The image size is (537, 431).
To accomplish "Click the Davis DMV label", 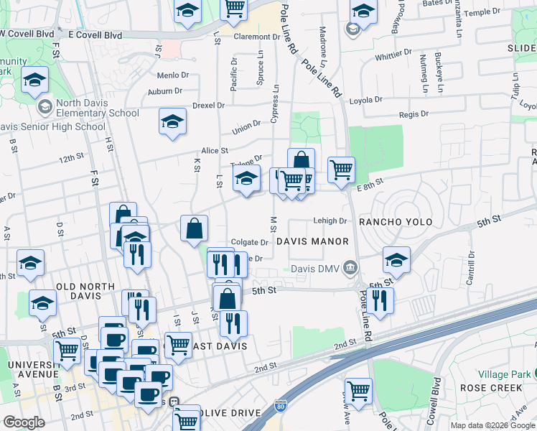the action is (x=316, y=269).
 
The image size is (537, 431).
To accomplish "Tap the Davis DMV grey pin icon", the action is (x=350, y=269).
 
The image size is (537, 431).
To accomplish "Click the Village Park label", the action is (x=503, y=374).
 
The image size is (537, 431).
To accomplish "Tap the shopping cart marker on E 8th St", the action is (x=341, y=170).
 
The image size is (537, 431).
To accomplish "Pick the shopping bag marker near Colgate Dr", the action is (x=195, y=229).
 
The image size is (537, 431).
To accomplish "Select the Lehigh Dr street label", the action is (x=330, y=221).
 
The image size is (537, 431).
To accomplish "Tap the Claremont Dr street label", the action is (x=256, y=37).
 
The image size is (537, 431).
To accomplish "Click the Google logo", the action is (x=24, y=422).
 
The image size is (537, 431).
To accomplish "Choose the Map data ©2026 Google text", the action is (x=493, y=425).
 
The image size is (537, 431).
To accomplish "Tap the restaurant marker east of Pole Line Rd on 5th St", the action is (x=380, y=300).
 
